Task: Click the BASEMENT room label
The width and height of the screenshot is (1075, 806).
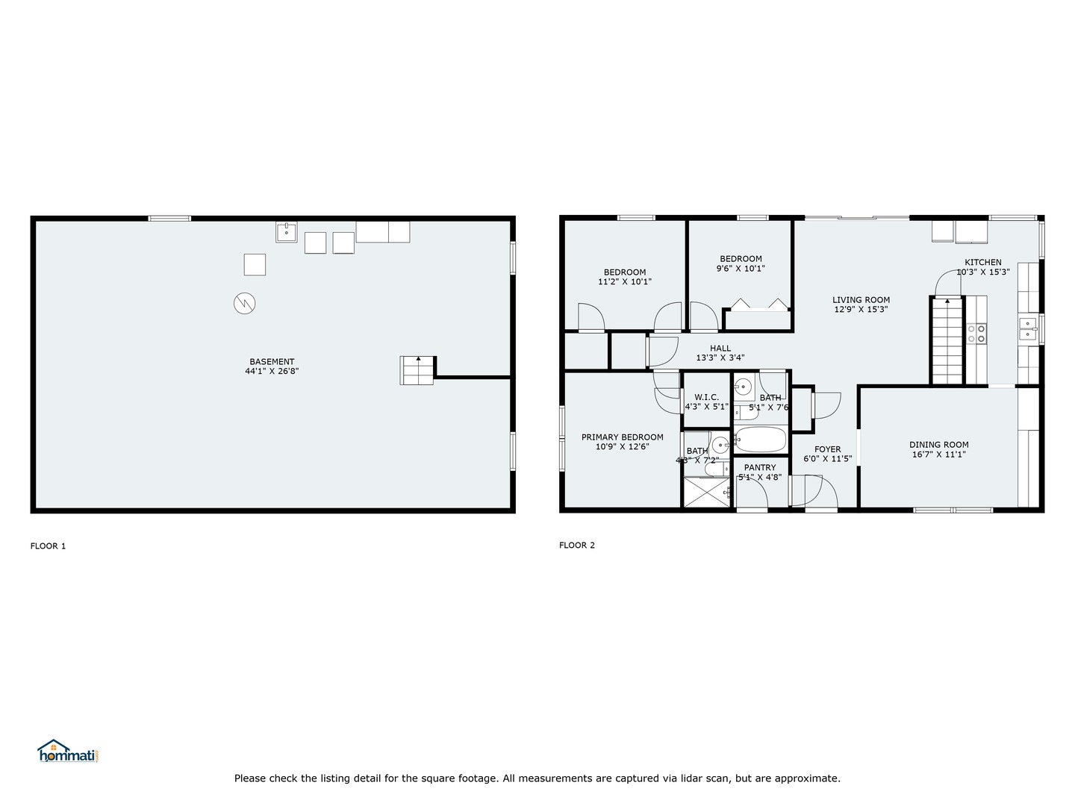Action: tap(272, 362)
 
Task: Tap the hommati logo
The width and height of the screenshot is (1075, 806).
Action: tap(68, 751)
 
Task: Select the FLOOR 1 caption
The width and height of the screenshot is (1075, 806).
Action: tap(48, 546)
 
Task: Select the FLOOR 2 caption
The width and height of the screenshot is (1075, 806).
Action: tap(577, 545)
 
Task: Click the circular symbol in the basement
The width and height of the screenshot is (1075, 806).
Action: tap(244, 303)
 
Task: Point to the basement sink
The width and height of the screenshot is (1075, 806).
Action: tap(286, 232)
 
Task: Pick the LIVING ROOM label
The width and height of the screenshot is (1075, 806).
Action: tap(861, 300)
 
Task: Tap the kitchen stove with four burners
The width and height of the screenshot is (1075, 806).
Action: tap(976, 333)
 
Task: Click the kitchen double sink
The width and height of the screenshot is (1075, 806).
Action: tap(1028, 328)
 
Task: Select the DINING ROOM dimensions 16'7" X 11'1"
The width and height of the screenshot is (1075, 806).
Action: tap(938, 454)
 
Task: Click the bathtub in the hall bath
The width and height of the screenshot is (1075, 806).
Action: tap(760, 439)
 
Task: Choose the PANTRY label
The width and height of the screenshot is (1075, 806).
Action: tap(759, 468)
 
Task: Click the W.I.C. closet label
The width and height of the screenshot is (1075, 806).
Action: tap(706, 397)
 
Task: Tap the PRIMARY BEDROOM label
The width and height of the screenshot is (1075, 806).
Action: tap(622, 437)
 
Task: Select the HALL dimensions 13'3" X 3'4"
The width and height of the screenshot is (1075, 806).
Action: tap(720, 358)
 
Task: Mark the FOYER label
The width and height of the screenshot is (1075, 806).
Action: tap(827, 449)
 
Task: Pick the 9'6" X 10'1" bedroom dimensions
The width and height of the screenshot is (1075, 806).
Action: tap(741, 269)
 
